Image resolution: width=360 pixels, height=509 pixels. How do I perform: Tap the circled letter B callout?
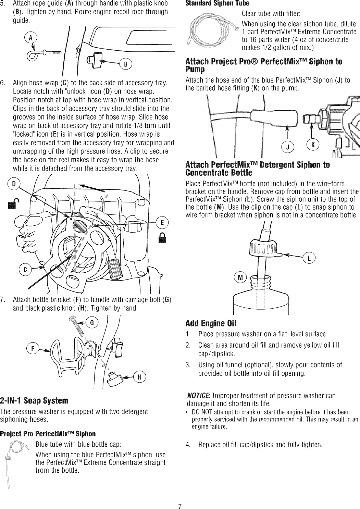125,64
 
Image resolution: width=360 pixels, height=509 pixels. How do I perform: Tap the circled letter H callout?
139,377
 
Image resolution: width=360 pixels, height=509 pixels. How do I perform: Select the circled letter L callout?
309,258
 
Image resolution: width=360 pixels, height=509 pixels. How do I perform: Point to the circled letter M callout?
240,278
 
